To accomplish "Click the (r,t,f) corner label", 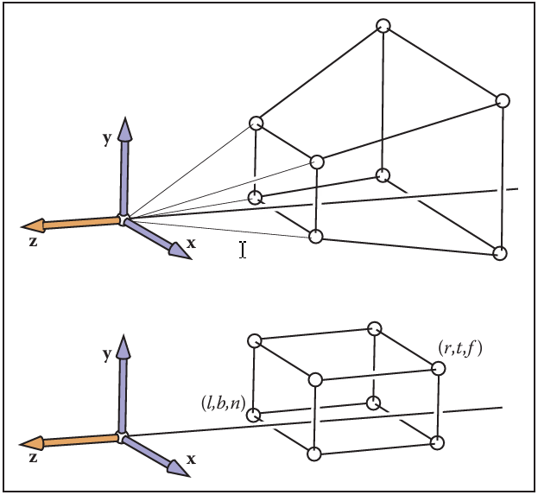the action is tap(460, 348).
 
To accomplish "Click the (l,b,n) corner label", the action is tap(224, 403).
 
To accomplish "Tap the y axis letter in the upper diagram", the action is tap(107, 138).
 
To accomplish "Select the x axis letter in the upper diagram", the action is tap(191, 244).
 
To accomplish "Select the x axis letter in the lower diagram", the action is tap(191, 459).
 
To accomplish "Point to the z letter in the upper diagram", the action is tap(33, 242).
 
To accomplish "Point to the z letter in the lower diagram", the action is tap(33, 458).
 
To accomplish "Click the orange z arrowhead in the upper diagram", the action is tap(34, 225).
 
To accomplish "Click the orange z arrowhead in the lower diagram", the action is tap(32, 443).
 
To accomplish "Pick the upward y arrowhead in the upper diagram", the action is tap(125, 129).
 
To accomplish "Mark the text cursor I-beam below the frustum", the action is tap(243, 250).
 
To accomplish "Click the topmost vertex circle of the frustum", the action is tap(383, 26).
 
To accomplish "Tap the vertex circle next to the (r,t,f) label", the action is tap(438, 368).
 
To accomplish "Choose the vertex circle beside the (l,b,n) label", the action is tap(254, 416).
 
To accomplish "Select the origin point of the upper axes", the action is tap(123, 219).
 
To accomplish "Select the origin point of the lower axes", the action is tap(122, 436).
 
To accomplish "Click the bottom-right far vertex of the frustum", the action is tap(499, 253).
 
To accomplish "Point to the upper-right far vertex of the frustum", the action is tap(503, 101).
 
